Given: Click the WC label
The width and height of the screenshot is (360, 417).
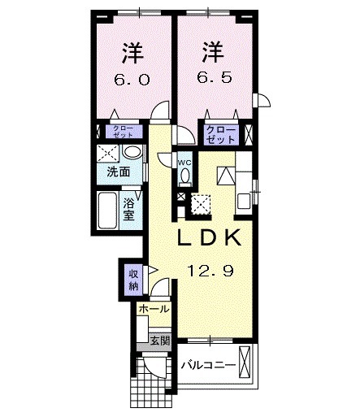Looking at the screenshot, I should coord(184,163).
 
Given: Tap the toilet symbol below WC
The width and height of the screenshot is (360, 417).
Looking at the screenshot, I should coord(184,176).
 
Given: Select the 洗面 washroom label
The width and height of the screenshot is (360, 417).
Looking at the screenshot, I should coord(118,172).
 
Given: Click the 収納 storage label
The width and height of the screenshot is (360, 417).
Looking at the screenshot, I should coord(132,280).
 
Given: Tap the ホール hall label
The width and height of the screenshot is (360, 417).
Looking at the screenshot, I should coord(154,310).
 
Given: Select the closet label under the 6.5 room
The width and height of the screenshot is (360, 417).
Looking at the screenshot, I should coord(221,134).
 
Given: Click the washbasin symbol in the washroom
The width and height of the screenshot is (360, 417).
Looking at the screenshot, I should coord(132,154).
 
